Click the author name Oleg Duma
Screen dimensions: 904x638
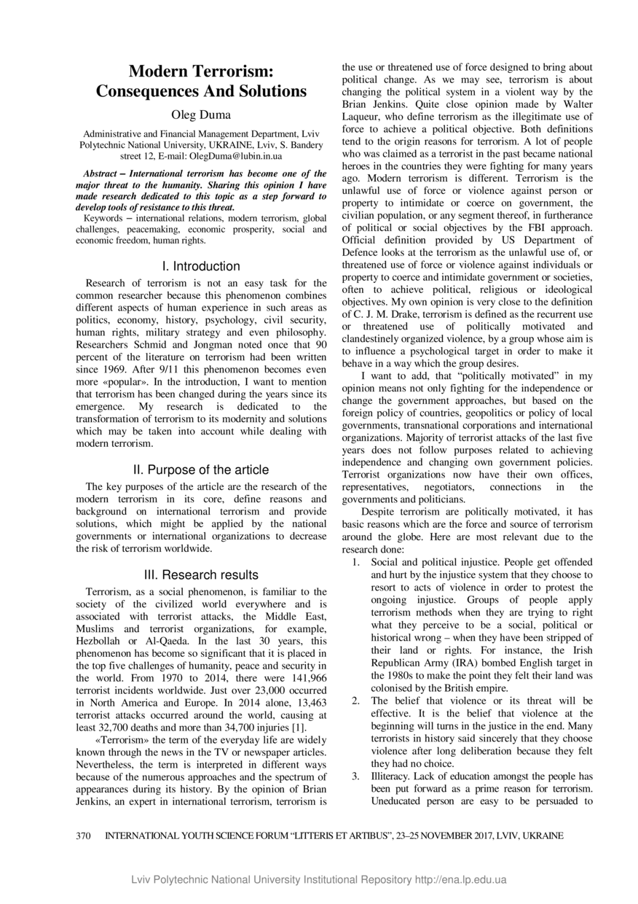pyautogui.click(x=201, y=115)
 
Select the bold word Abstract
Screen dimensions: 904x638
pyautogui.click(x=100, y=174)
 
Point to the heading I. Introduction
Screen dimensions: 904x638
pyautogui.click(x=201, y=266)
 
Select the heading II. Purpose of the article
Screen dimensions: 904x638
pyautogui.click(x=201, y=469)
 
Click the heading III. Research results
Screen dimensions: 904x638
pyautogui.click(x=201, y=575)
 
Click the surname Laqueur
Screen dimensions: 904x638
pyautogui.click(x=364, y=117)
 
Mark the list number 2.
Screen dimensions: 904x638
pyautogui.click(x=355, y=701)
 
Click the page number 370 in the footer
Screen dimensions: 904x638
pyautogui.click(x=85, y=836)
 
